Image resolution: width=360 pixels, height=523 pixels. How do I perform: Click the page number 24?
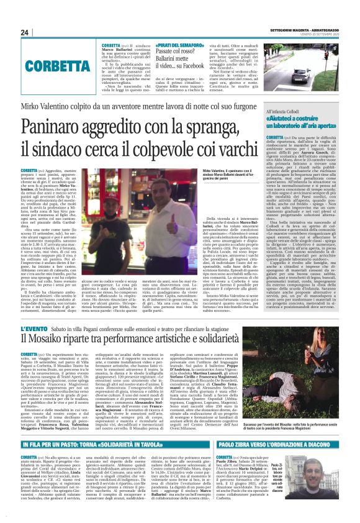(x=25, y=32)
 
